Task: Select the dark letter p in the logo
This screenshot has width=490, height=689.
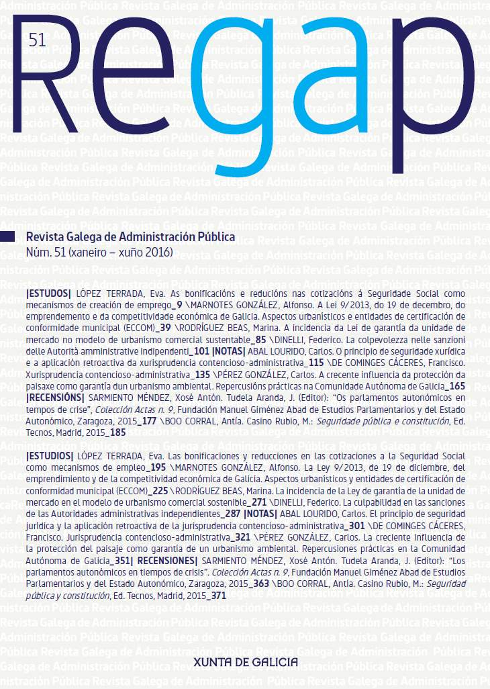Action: (420, 101)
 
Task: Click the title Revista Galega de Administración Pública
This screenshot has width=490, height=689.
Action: (130, 237)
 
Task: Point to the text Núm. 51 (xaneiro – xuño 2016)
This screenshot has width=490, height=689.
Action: (99, 252)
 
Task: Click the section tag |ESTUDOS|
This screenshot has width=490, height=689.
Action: (48, 294)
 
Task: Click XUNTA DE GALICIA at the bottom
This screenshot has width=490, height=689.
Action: (245, 661)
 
